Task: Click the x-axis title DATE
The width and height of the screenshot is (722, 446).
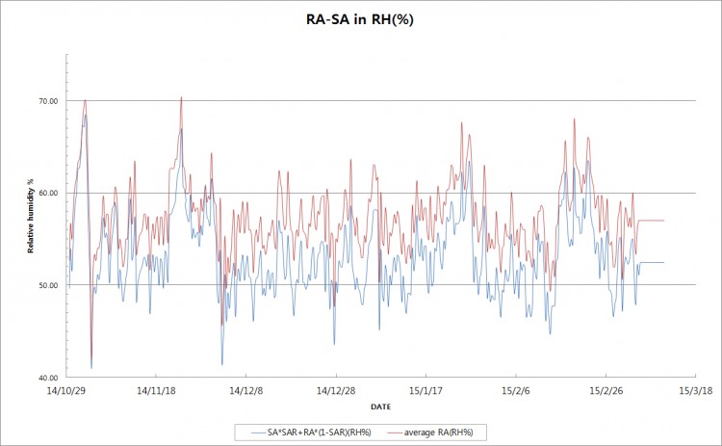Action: point(380,407)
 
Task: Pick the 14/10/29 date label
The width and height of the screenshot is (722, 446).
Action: point(65,392)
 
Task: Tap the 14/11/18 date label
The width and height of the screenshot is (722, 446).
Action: point(156,392)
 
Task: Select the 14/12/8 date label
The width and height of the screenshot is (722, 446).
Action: point(246,392)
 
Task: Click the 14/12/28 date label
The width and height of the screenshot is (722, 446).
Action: point(336,392)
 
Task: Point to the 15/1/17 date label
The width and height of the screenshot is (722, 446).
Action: point(425,392)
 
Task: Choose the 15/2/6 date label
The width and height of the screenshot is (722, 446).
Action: point(515,392)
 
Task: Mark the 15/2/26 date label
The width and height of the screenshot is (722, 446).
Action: point(605,392)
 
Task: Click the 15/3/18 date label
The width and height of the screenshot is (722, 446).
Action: point(695,392)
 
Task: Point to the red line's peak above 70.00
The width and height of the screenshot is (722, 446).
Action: point(181,97)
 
